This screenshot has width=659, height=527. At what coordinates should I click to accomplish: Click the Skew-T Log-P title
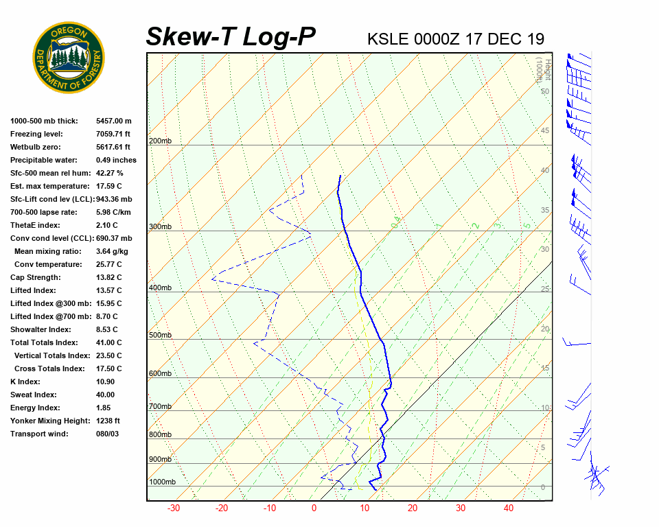[x=231, y=36]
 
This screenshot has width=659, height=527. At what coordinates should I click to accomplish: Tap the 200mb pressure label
[x=160, y=141]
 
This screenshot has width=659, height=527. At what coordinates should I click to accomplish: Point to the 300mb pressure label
[x=160, y=226]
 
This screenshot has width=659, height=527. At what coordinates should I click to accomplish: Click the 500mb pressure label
[x=160, y=335]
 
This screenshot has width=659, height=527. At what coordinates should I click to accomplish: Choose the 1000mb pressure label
[x=162, y=482]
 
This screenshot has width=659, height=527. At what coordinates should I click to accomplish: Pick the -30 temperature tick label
[x=174, y=508]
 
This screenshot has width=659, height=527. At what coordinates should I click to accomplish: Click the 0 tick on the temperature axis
[x=314, y=508]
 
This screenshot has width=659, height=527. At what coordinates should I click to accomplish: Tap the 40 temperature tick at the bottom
[x=509, y=508]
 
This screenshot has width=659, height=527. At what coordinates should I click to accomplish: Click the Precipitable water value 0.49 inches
[x=116, y=160]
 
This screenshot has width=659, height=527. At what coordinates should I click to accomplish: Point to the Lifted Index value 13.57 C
[x=108, y=290]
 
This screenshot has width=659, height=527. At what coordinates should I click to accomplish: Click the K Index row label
[x=25, y=382]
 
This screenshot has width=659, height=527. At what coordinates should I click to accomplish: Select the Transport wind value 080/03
[x=108, y=434]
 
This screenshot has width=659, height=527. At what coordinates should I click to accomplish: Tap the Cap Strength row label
[x=35, y=277]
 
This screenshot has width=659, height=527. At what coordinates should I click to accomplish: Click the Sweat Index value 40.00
[x=106, y=395]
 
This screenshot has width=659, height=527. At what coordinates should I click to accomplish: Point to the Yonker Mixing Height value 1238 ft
[x=108, y=421]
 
